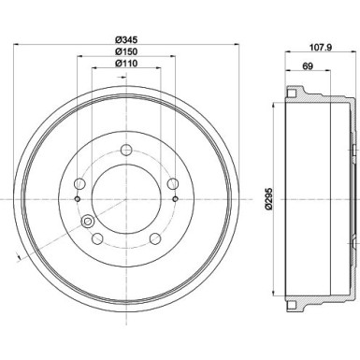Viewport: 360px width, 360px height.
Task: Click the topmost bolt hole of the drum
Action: [126, 150]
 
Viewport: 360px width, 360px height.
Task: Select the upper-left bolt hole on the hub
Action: [80, 184]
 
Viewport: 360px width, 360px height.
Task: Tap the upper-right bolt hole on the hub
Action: [172, 184]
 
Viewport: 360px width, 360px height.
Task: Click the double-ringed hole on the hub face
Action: [89, 222]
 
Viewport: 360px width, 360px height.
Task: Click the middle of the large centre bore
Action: [126, 197]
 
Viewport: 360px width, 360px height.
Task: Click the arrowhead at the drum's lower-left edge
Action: [20, 258]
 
